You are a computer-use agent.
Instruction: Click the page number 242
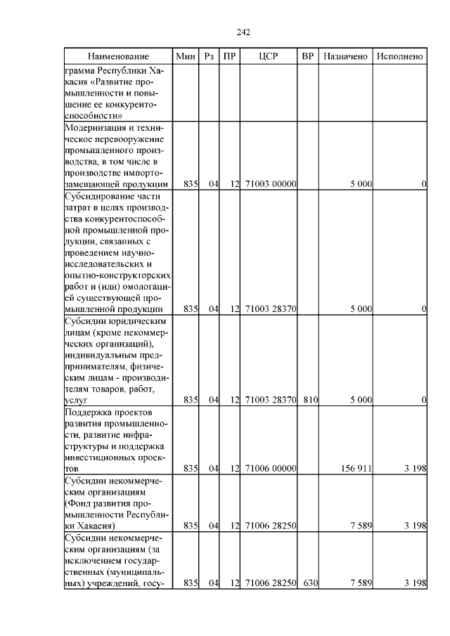244,32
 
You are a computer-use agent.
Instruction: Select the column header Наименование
119,56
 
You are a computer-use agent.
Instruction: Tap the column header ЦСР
269,56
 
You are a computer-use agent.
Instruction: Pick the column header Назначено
346,56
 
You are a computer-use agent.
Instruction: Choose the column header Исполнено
400,56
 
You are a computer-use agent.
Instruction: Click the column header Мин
186,56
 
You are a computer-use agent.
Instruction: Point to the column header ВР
307,56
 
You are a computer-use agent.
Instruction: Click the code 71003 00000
271,184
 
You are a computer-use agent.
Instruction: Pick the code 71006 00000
271,468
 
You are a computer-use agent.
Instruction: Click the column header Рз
209,56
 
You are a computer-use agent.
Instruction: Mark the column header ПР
229,56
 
